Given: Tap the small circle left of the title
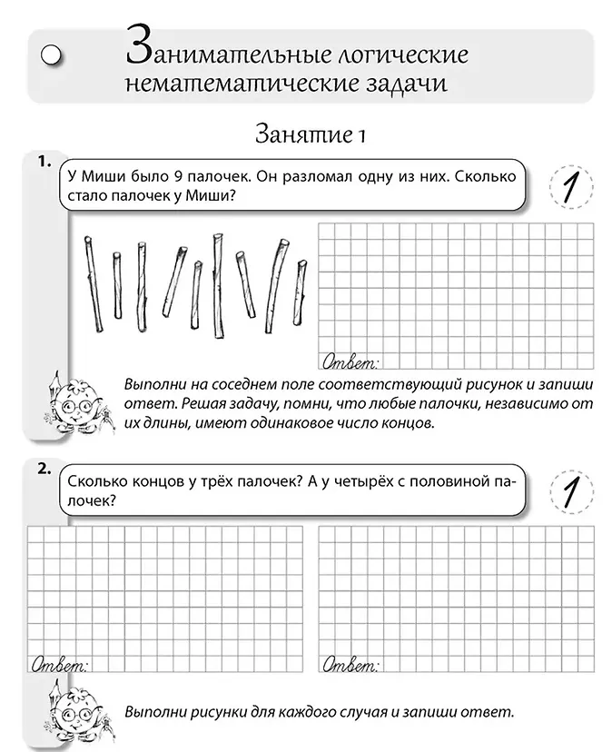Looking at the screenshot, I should tap(53, 55).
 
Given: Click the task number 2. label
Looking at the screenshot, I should tap(43, 470).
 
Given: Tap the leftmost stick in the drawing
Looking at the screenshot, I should tap(91, 283).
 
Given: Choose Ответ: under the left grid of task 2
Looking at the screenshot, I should tap(61, 665).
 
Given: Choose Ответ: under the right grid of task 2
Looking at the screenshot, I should tap(350, 666).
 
